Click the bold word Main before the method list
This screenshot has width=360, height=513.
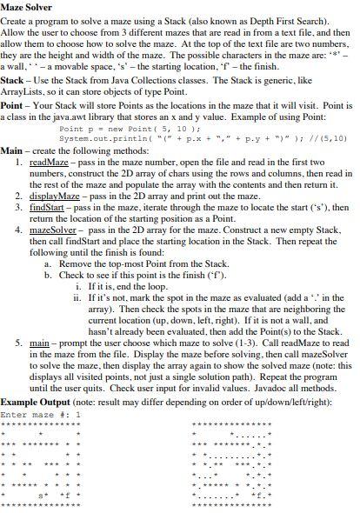coord(11,150)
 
